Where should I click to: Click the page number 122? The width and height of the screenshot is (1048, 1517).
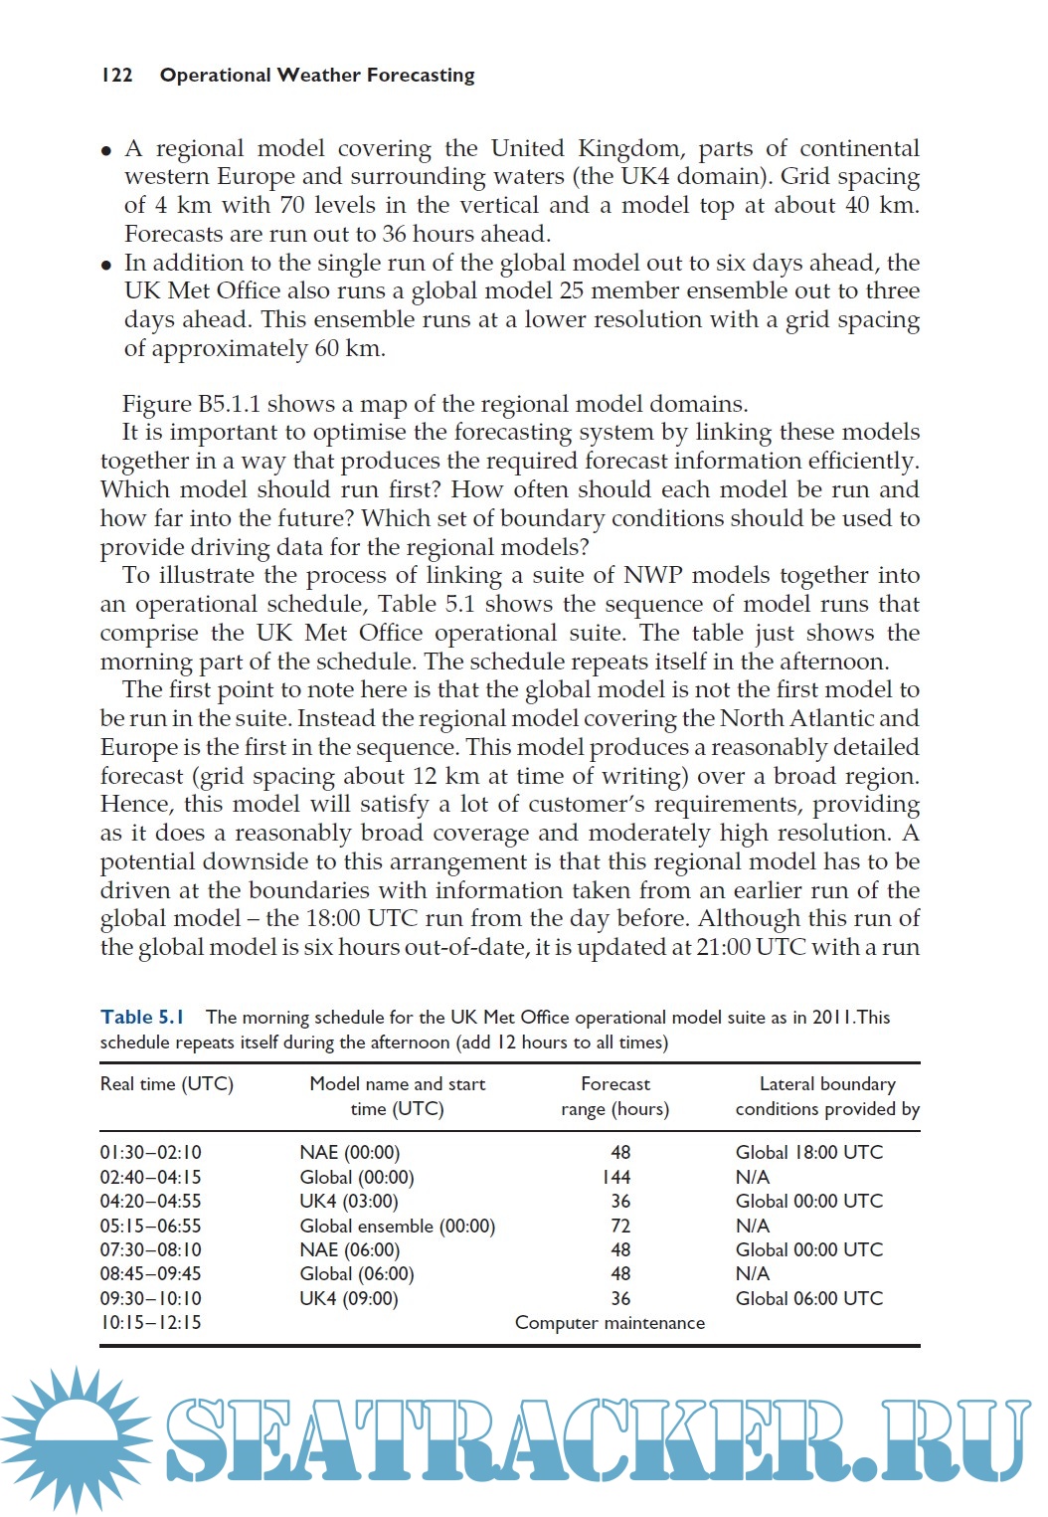click(x=116, y=76)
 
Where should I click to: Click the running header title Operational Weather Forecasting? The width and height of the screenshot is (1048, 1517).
click(x=317, y=76)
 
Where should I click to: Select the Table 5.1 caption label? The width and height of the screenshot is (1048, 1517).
click(x=142, y=1017)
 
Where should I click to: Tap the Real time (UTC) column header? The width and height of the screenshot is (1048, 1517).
click(x=166, y=1084)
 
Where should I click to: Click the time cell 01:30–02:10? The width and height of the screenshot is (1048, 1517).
click(x=150, y=1152)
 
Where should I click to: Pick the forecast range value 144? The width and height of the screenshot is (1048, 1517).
click(x=616, y=1177)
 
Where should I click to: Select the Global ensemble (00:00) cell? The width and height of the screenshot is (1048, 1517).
click(x=397, y=1226)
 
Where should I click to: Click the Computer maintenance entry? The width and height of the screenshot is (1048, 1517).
click(x=610, y=1323)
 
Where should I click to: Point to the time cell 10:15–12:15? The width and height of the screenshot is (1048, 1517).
click(x=150, y=1323)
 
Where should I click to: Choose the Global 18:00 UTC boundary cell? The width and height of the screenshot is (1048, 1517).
click(x=808, y=1152)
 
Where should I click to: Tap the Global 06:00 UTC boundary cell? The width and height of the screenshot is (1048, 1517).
click(x=808, y=1298)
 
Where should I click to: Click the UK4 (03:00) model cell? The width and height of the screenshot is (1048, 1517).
click(x=348, y=1201)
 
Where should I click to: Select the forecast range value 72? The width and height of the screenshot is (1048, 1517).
click(x=620, y=1226)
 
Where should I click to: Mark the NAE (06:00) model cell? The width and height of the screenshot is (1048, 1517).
click(x=349, y=1249)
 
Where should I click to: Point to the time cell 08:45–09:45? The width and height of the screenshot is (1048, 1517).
click(x=150, y=1274)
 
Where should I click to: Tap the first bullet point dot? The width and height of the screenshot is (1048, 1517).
click(x=106, y=151)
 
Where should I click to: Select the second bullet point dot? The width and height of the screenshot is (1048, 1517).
click(x=106, y=266)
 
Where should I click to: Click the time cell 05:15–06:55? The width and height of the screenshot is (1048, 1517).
click(x=150, y=1226)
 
